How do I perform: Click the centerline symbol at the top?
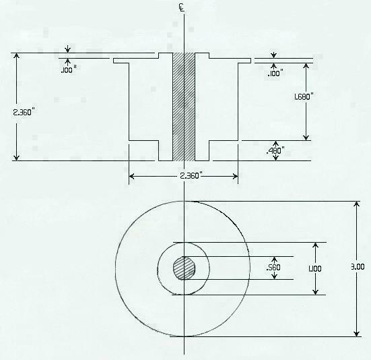tap(184, 8)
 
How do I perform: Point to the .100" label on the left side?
tap(68, 69)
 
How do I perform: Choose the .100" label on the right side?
tap(273, 73)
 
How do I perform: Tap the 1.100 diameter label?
tap(314, 268)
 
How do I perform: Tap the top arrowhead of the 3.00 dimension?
tap(356, 204)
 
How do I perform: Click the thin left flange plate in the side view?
tap(135, 61)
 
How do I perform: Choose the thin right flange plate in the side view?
tap(230, 61)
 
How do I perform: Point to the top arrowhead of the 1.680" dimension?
tap(306, 67)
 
